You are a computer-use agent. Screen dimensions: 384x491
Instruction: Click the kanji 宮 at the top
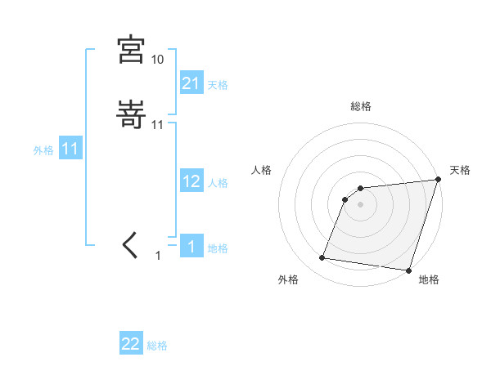[131, 50]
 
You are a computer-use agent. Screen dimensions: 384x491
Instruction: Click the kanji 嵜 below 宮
[131, 116]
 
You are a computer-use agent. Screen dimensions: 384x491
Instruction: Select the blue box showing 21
[191, 83]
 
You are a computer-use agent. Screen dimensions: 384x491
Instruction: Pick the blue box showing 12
[191, 181]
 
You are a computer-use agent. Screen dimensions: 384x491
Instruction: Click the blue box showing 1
[191, 247]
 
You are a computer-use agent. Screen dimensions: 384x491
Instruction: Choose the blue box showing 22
[131, 344]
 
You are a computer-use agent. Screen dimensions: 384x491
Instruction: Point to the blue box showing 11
[70, 150]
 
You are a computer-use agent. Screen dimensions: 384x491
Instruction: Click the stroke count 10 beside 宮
[157, 60]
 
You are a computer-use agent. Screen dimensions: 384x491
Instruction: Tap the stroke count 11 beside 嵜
[158, 125]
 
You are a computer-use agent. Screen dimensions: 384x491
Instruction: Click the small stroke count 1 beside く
[158, 256]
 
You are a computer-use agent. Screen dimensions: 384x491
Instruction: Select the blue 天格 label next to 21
[218, 85]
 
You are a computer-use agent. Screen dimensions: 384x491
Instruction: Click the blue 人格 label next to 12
[218, 183]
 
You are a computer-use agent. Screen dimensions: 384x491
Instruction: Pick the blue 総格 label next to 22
[157, 346]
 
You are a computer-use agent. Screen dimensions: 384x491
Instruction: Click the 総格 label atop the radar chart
[361, 106]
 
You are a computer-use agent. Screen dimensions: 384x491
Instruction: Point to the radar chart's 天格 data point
[439, 181]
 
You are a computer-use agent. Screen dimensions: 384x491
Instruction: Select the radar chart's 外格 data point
[322, 258]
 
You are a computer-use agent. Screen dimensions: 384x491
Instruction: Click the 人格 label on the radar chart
[261, 170]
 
